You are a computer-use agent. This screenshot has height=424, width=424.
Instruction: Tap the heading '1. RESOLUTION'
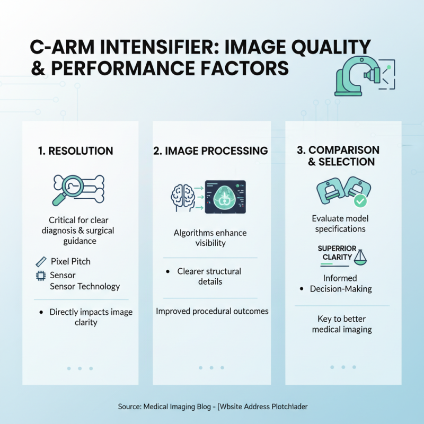coord(76,151)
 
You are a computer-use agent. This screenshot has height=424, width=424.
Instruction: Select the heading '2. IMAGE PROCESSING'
coord(210,151)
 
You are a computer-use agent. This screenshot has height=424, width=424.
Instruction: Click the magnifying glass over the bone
coord(65,187)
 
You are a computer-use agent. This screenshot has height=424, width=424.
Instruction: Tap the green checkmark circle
coord(360,201)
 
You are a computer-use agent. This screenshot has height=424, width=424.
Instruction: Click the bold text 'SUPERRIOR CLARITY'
coord(337,253)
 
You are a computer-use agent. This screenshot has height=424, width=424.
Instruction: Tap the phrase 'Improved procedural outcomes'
coord(212,311)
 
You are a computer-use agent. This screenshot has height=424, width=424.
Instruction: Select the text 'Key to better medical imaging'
coord(342,324)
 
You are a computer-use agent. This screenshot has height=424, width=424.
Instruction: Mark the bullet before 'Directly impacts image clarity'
coord(41,313)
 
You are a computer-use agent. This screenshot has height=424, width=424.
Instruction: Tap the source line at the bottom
coord(213,407)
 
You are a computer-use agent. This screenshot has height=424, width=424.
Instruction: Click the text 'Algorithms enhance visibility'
coord(210,238)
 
